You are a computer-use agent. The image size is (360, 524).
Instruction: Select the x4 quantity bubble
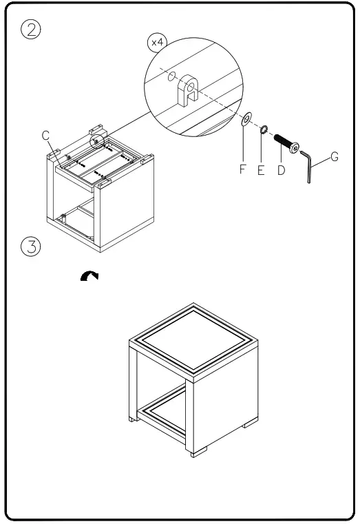(158, 43)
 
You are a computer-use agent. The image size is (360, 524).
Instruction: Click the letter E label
(262, 170)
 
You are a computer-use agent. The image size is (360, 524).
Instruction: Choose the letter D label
(281, 170)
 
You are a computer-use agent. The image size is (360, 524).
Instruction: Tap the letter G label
(335, 156)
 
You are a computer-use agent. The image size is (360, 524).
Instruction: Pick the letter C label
(45, 136)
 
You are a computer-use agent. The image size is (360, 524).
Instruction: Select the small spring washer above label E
(263, 129)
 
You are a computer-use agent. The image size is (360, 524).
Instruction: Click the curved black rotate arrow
(89, 275)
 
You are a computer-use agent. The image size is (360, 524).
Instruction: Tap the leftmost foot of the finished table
(134, 418)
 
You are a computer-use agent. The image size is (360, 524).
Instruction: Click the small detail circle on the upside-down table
(98, 140)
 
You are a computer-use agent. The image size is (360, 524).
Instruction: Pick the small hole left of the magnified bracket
(171, 76)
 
